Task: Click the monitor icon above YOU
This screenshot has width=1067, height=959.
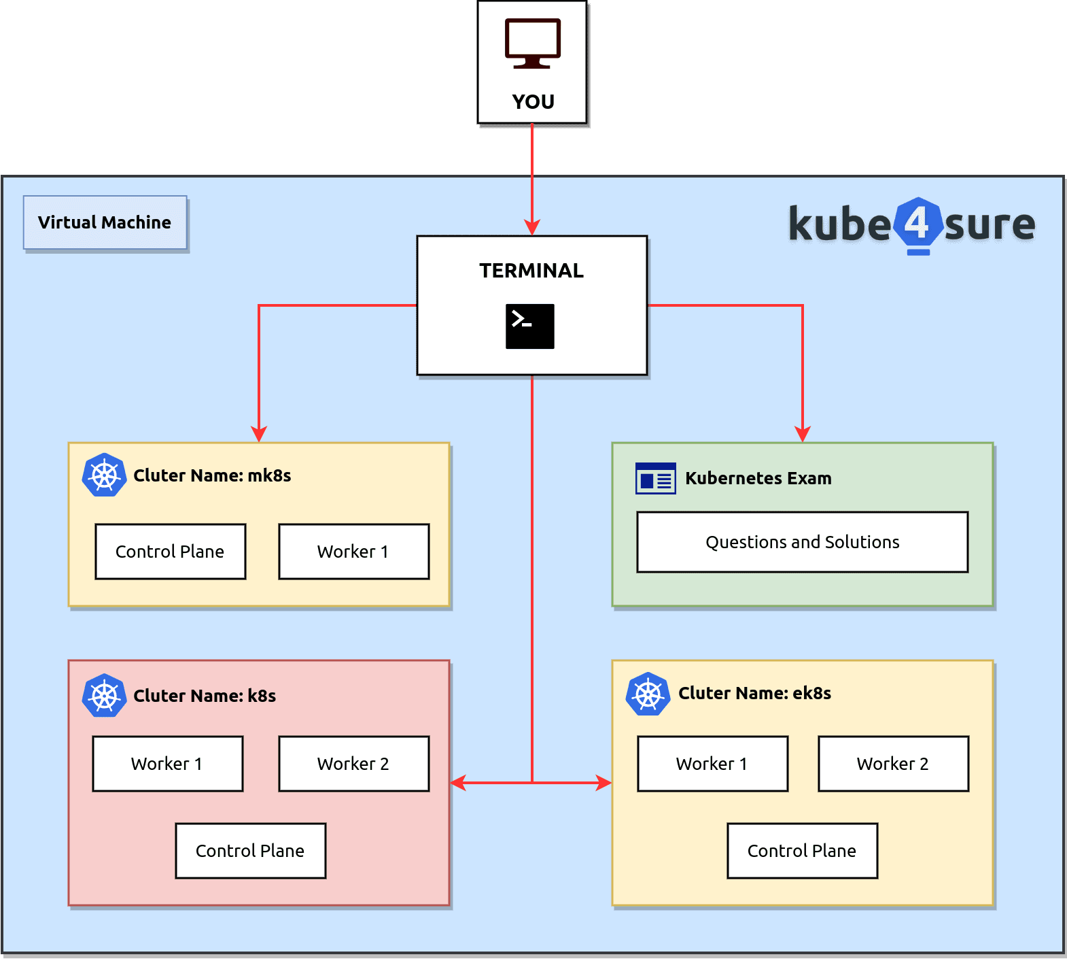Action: click(x=532, y=44)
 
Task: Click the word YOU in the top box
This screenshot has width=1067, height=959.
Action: click(x=533, y=102)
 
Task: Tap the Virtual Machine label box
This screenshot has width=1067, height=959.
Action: click(x=105, y=222)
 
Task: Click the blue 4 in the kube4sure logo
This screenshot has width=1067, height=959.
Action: click(x=917, y=223)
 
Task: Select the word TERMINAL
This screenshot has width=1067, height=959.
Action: click(x=531, y=271)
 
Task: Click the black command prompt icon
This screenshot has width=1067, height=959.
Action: click(x=529, y=326)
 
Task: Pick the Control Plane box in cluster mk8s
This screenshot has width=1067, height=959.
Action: click(x=170, y=552)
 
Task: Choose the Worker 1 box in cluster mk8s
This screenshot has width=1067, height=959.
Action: click(x=353, y=552)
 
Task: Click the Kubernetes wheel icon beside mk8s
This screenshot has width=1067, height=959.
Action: click(x=104, y=475)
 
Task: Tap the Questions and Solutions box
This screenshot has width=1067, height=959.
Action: click(x=802, y=542)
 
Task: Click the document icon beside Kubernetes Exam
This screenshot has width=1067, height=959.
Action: click(x=655, y=478)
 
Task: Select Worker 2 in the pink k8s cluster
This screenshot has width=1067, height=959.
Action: click(x=353, y=764)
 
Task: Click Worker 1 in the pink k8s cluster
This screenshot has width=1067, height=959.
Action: click(x=167, y=764)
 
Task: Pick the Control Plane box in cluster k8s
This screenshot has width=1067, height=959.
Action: click(x=250, y=851)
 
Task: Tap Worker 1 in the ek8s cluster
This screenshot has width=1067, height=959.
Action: click(x=712, y=764)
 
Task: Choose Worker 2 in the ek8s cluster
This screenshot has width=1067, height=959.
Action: click(x=893, y=764)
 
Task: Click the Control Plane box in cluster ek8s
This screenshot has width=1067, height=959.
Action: click(x=802, y=851)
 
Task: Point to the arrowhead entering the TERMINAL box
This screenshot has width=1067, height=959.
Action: click(x=532, y=227)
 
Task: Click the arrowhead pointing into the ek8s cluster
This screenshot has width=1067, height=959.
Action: click(x=604, y=783)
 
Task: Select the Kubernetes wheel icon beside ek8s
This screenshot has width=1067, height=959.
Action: click(x=648, y=694)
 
